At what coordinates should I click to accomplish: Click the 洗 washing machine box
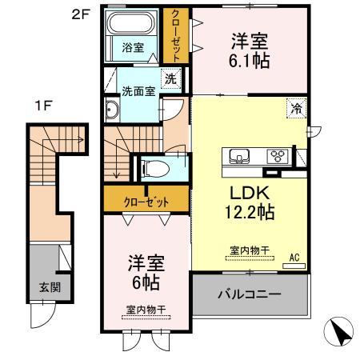point(170,78)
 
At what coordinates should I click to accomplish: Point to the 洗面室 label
point(137,90)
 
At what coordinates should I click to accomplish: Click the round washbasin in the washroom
point(112,111)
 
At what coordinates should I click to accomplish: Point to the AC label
point(294,256)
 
